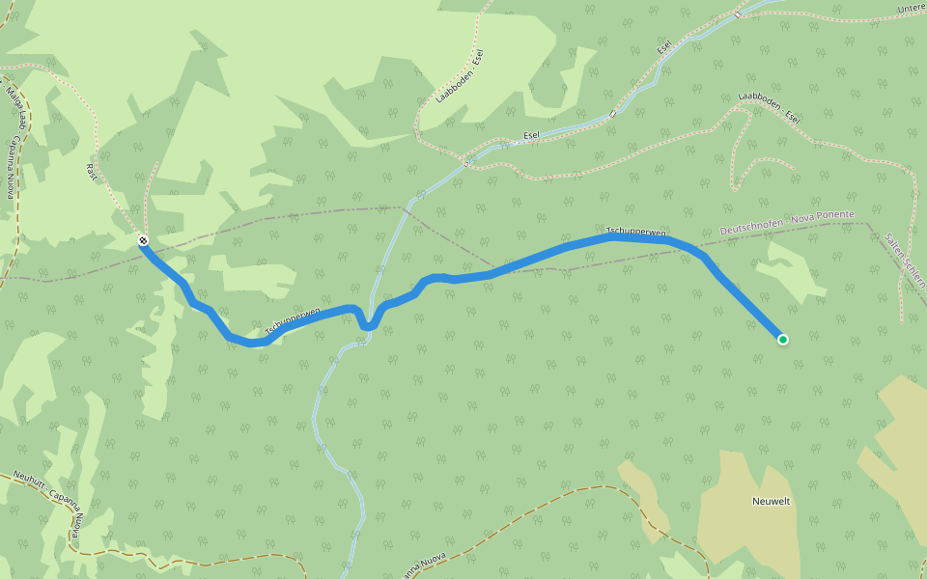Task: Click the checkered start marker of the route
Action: (x=143, y=240)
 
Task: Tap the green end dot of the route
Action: (x=782, y=339)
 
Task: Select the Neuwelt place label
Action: (x=771, y=502)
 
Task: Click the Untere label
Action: (x=911, y=9)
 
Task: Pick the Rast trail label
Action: (x=92, y=173)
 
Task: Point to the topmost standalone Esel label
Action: (x=664, y=47)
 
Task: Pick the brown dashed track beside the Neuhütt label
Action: (x=72, y=540)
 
